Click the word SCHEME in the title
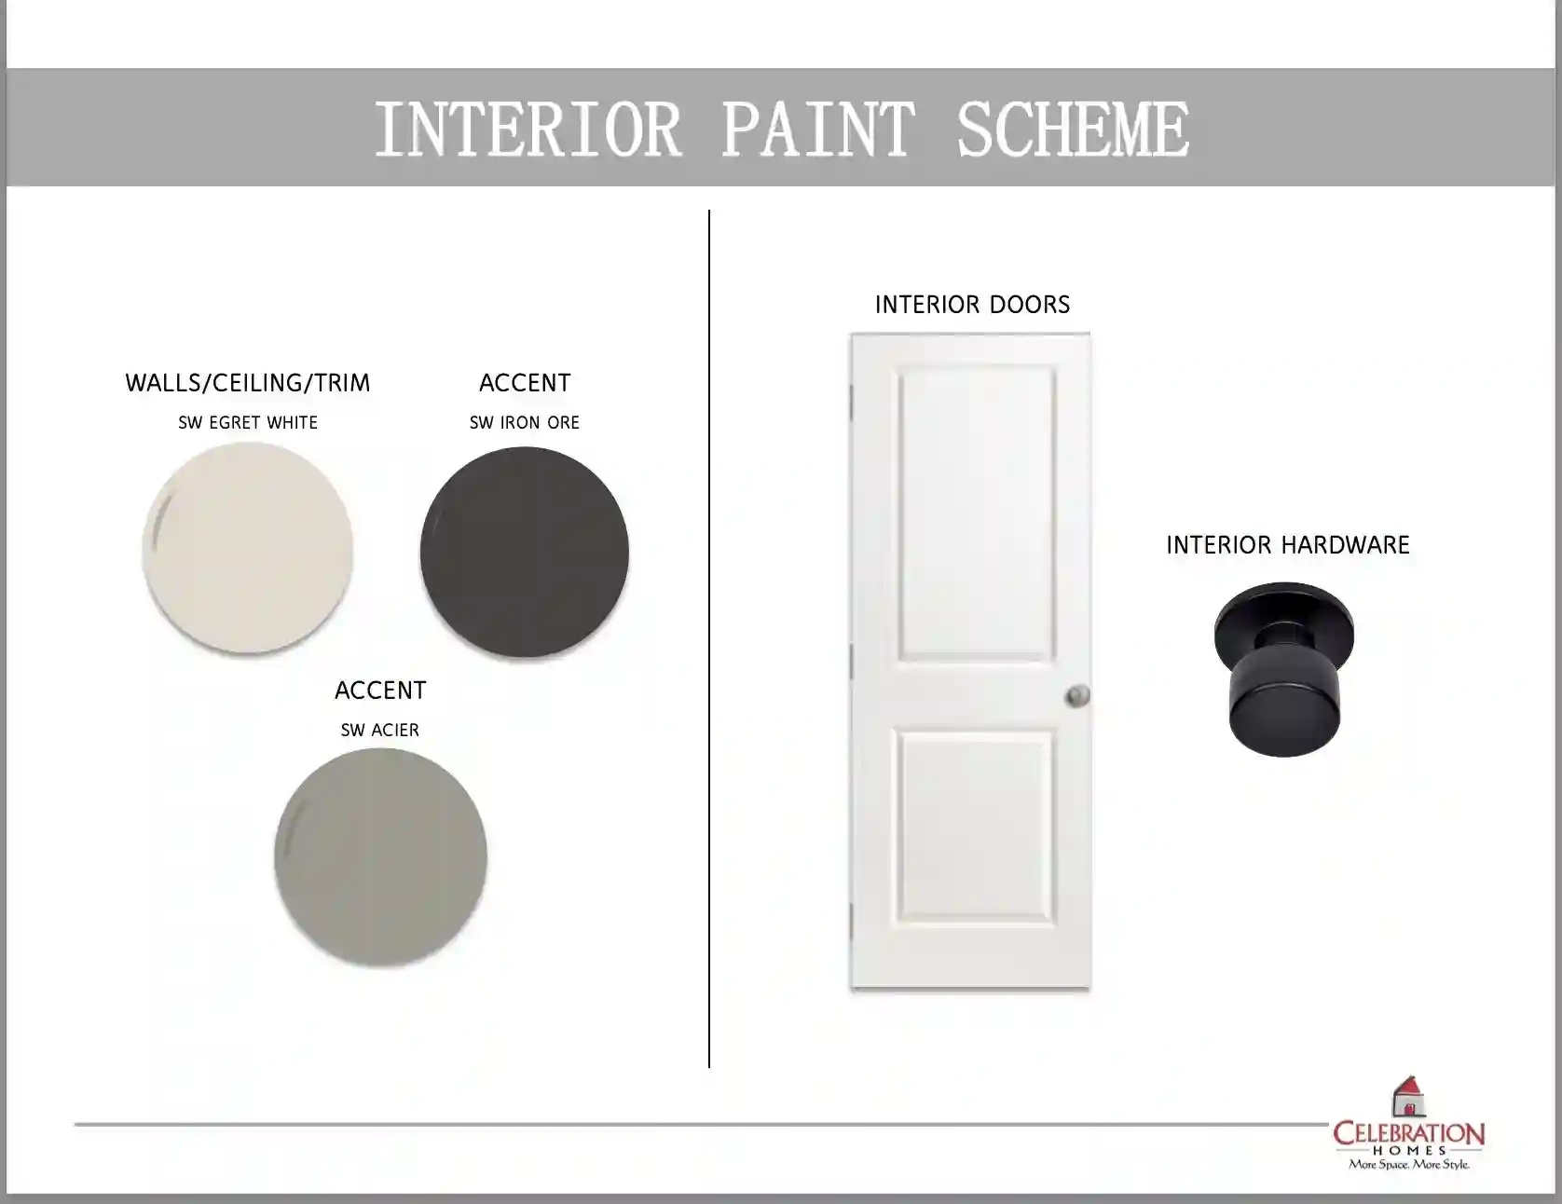pos(1073,129)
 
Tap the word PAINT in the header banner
pos(817,129)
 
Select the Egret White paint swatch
pos(248,549)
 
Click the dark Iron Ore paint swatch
pos(525,552)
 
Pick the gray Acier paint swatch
pos(380,857)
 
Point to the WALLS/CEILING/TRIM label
pos(248,383)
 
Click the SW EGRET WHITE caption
pos(248,422)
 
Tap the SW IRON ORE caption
pos(525,422)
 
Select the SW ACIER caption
pos(380,730)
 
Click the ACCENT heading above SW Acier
pos(380,691)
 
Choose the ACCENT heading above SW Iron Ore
pos(525,383)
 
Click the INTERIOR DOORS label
pos(972,305)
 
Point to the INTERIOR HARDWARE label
pos(1288,545)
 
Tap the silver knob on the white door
pos(1077,695)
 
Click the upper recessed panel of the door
pos(977,513)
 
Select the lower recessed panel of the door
pos(977,830)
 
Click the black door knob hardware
pos(1284,669)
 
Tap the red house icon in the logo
pos(1409,1097)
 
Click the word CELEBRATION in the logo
pos(1408,1134)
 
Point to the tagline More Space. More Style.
pos(1408,1165)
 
